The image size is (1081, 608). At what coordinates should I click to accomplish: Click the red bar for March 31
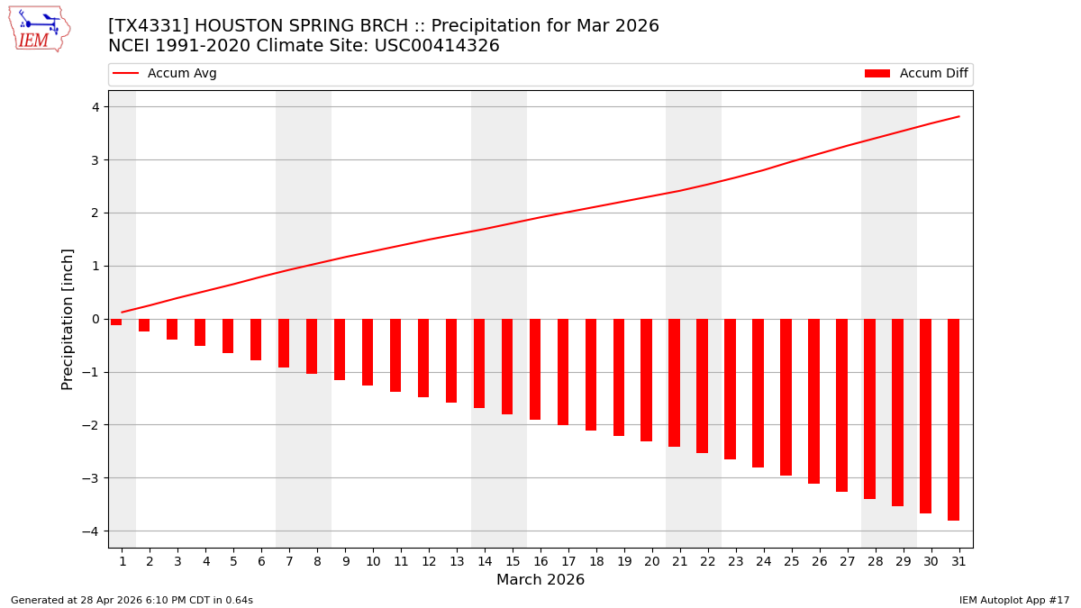pyautogui.click(x=953, y=419)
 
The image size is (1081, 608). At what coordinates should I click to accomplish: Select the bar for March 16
pyautogui.click(x=535, y=369)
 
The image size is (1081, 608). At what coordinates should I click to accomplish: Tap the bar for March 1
pyautogui.click(x=116, y=322)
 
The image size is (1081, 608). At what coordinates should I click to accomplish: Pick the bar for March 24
pyautogui.click(x=758, y=393)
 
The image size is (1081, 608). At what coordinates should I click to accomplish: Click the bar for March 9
pyautogui.click(x=340, y=349)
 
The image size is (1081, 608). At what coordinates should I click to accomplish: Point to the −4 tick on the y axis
pyautogui.click(x=94, y=531)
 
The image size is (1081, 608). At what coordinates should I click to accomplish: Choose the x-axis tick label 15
pyautogui.click(x=513, y=561)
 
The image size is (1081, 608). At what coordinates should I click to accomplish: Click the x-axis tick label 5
pyautogui.click(x=233, y=561)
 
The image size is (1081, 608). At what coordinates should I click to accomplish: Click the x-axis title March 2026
pyautogui.click(x=540, y=580)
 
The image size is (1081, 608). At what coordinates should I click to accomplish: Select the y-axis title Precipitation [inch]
pyautogui.click(x=68, y=319)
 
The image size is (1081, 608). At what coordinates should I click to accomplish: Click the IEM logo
pyautogui.click(x=39, y=29)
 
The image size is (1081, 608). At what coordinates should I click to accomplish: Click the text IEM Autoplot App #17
pyautogui.click(x=1013, y=600)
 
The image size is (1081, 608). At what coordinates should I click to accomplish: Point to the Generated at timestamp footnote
pyautogui.click(x=132, y=600)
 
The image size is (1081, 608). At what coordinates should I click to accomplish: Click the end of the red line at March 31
pyautogui.click(x=958, y=116)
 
